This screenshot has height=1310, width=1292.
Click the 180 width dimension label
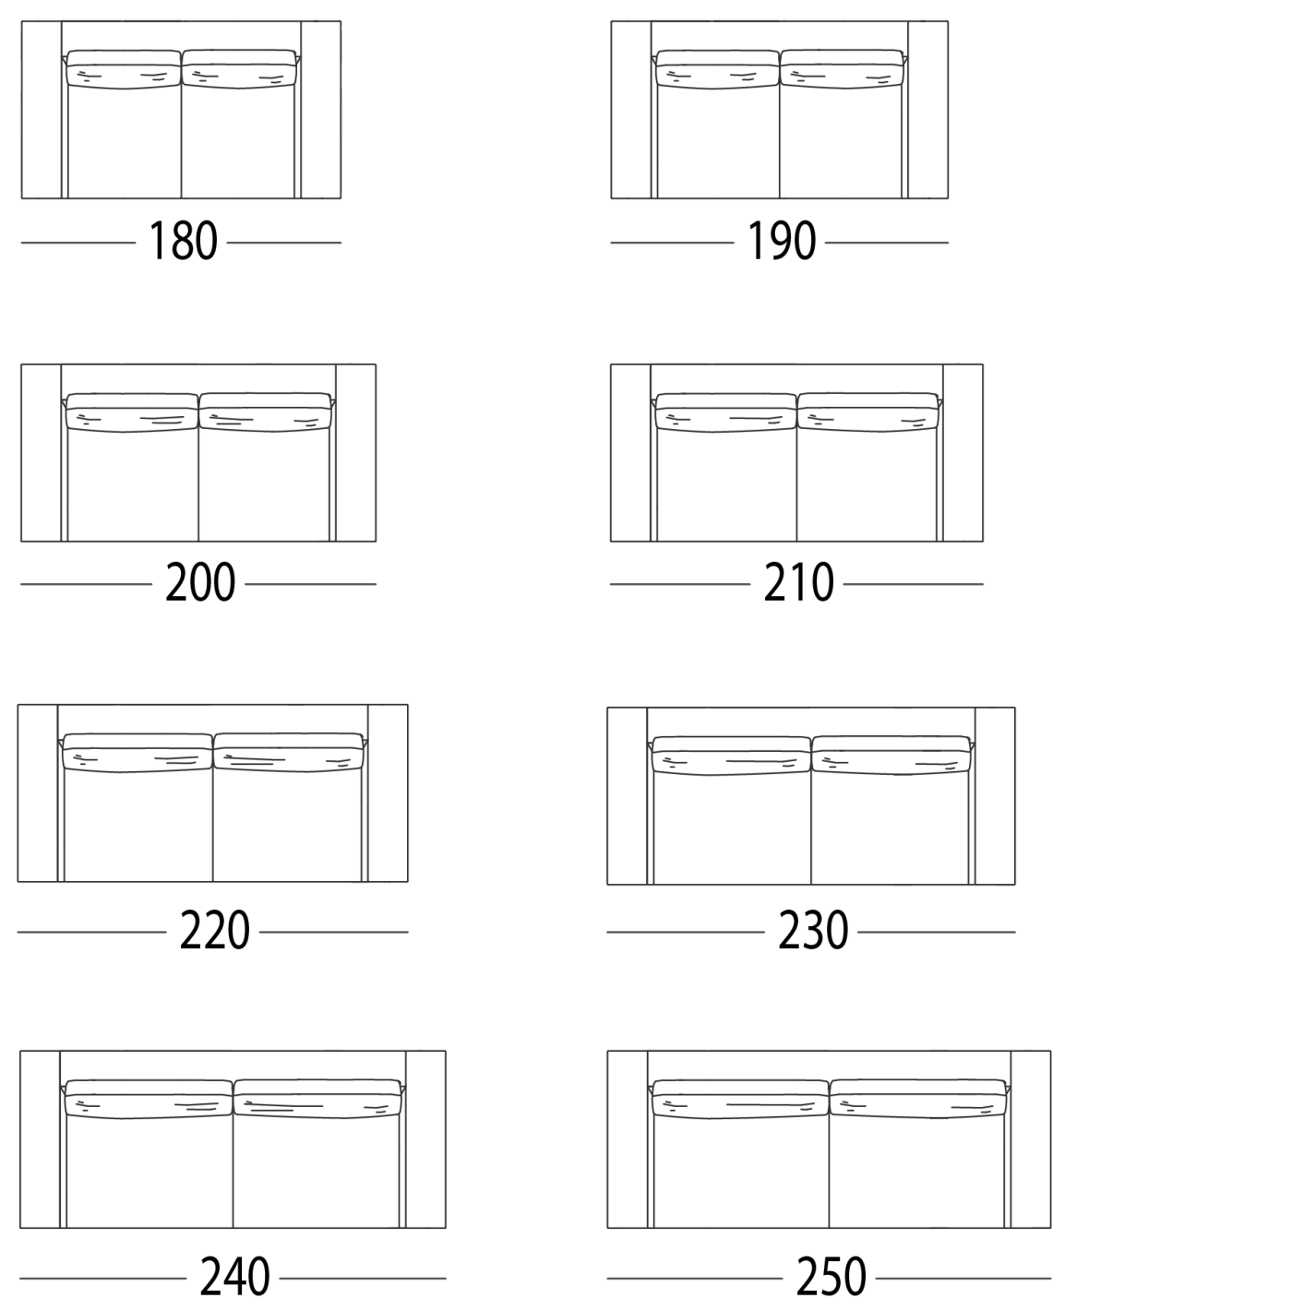[183, 241]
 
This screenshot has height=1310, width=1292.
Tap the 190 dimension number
[781, 241]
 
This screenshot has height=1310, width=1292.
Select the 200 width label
[200, 583]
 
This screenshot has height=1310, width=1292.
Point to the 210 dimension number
[798, 583]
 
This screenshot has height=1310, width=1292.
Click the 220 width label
[214, 931]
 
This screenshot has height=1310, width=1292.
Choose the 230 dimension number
[813, 931]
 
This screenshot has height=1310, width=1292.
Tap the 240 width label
[234, 1277]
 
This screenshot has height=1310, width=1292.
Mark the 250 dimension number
[831, 1277]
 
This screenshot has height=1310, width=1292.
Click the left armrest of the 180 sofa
[42, 110]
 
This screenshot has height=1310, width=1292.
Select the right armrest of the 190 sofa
[928, 110]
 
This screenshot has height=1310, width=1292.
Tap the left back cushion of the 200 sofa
[132, 412]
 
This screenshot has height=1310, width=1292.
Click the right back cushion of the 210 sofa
[867, 412]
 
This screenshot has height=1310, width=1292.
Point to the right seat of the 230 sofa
[890, 828]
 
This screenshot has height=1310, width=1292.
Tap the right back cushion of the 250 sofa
[918, 1099]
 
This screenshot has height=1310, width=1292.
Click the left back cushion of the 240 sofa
[149, 1099]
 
